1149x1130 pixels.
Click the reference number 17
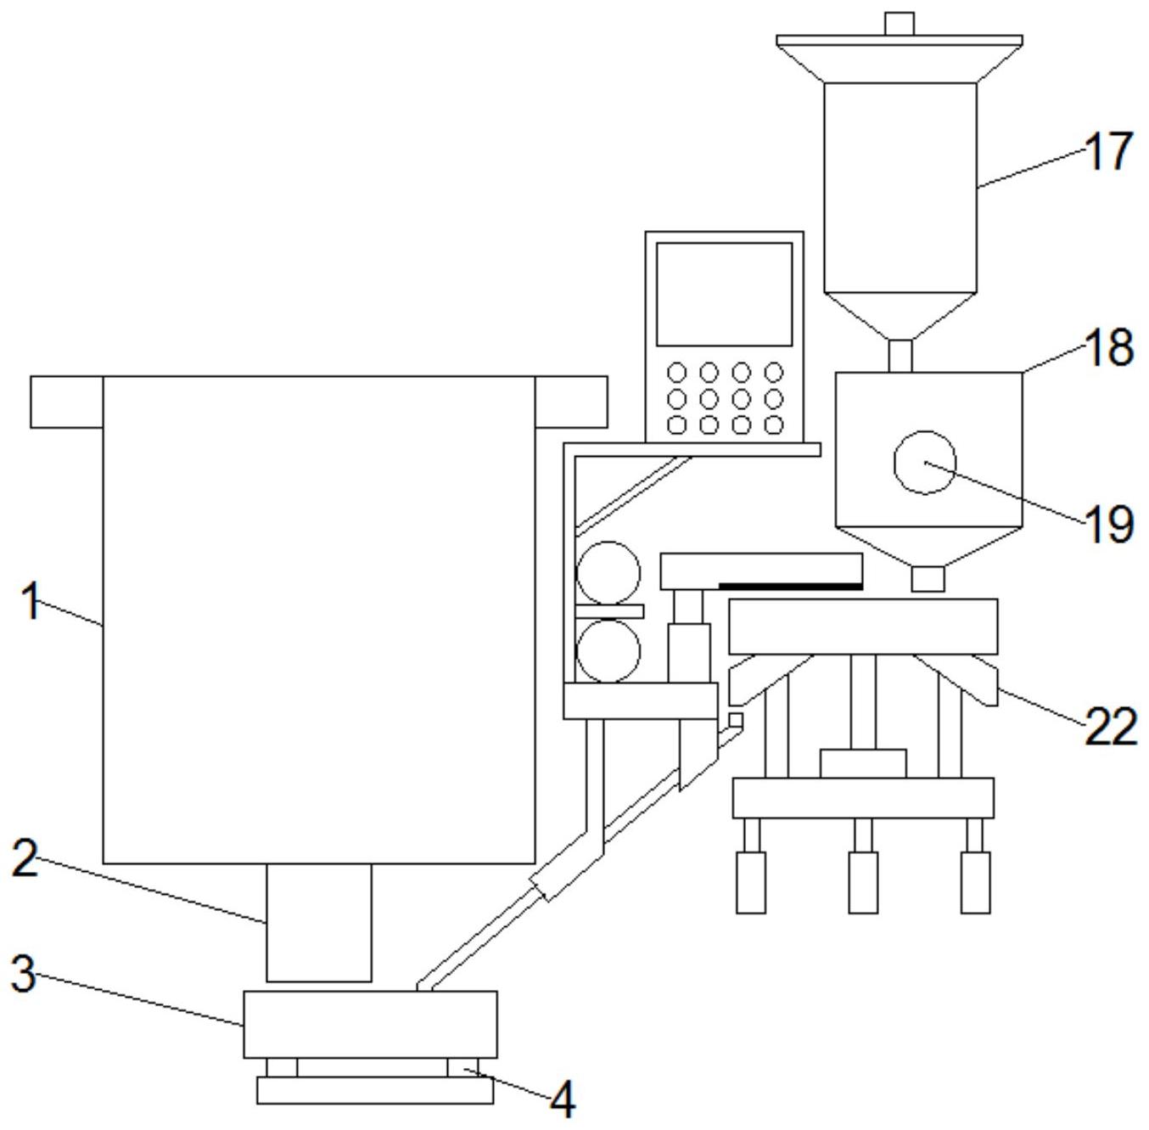(x=1108, y=151)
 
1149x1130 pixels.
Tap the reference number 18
(x=1108, y=347)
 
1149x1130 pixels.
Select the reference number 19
(x=1108, y=524)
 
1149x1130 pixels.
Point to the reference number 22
(x=1110, y=727)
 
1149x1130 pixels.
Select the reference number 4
(x=563, y=1099)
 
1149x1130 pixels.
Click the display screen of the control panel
(x=724, y=294)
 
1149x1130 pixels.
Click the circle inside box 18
(x=925, y=463)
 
